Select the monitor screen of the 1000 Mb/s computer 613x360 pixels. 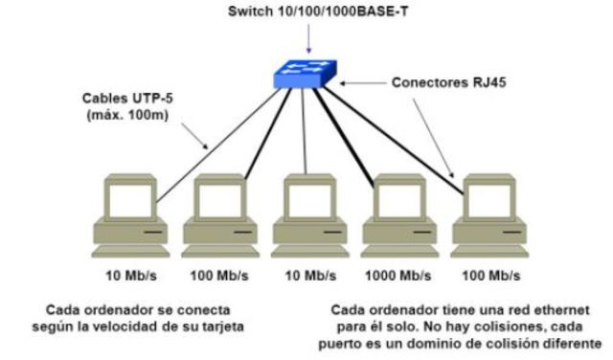coord(394,199)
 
